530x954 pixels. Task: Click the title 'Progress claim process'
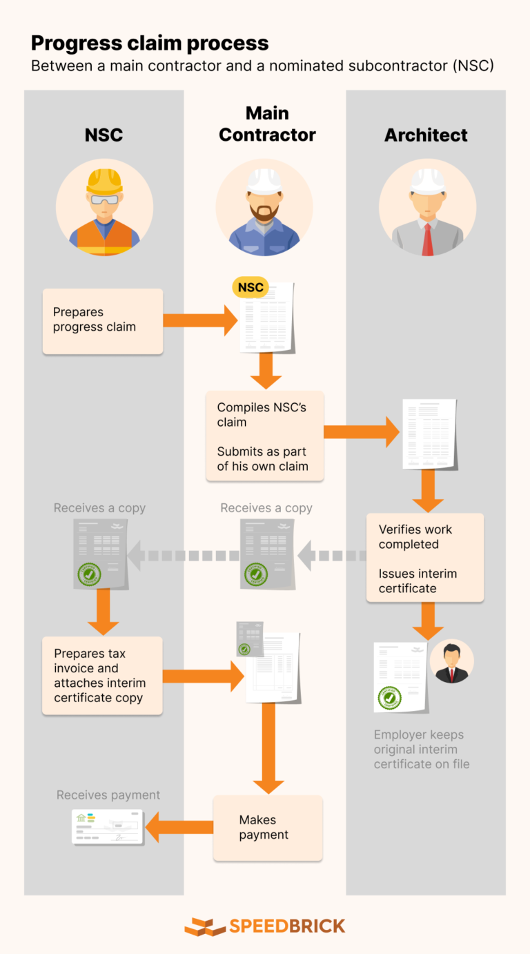pos(150,43)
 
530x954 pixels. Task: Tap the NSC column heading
pos(104,135)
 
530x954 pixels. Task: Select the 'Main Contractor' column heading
pos(267,124)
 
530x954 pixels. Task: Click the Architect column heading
pos(426,135)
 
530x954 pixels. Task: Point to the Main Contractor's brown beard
pos(264,211)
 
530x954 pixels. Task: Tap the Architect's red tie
pos(427,239)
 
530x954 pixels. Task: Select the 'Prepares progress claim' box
pos(103,321)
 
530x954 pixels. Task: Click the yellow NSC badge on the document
pos(251,287)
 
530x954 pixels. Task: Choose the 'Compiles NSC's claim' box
pos(265,436)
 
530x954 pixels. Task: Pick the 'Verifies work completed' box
pos(424,558)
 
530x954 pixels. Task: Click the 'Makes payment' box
pos(268,828)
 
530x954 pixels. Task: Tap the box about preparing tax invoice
pos(102,675)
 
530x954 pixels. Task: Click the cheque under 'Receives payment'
pos(108,827)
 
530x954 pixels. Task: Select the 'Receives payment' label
pos(108,795)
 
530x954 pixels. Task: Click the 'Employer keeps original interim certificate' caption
pos(422,749)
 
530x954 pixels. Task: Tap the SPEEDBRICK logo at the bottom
pos(265,926)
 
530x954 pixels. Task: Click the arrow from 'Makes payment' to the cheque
pos(178,827)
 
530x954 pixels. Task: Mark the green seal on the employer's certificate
pos(389,698)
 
